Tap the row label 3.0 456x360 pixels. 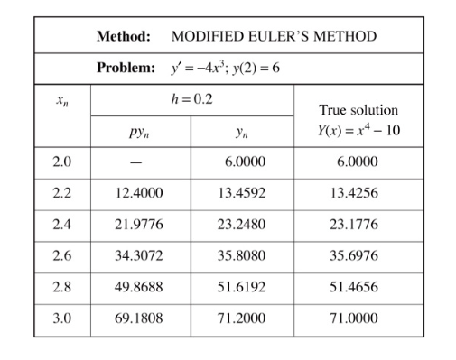61,318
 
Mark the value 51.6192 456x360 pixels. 241,287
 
